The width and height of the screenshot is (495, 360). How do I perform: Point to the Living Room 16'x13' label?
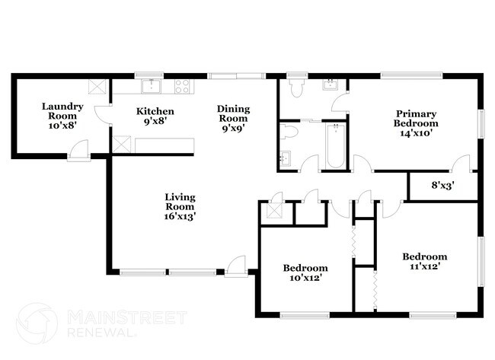pyautogui.click(x=181, y=206)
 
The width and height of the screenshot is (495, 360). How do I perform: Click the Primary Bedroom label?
pyautogui.click(x=415, y=119)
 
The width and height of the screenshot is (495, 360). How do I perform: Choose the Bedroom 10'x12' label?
pyautogui.click(x=305, y=272)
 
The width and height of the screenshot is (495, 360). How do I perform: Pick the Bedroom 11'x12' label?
pyautogui.click(x=424, y=261)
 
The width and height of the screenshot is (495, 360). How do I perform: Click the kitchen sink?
pyautogui.click(x=152, y=84)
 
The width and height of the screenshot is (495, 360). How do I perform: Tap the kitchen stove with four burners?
pyautogui.click(x=183, y=87)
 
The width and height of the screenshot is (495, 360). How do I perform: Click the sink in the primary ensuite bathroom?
pyautogui.click(x=331, y=84)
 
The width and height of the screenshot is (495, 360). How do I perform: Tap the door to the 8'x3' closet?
pyautogui.click(x=460, y=163)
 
